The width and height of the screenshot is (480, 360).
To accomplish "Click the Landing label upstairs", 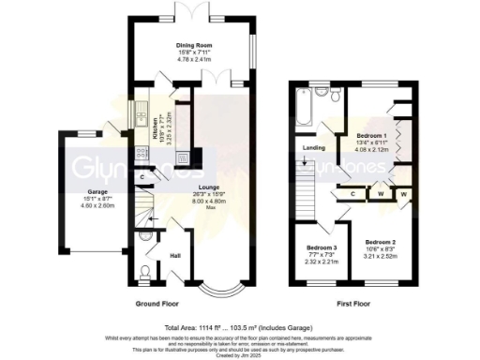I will [x=313, y=147].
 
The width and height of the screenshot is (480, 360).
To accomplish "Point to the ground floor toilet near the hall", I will [x=143, y=272].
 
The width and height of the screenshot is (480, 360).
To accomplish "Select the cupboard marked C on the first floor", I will [x=352, y=193].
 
